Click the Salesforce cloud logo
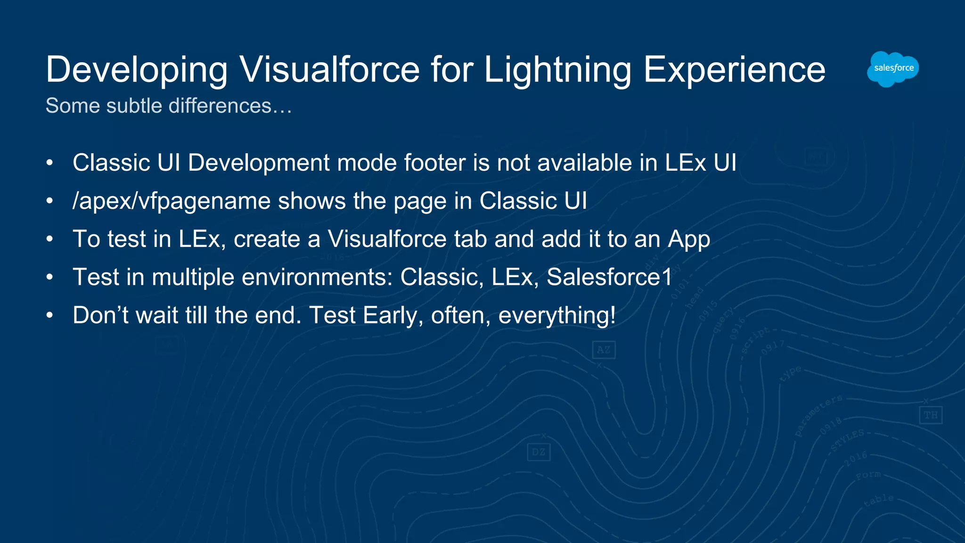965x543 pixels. (892, 69)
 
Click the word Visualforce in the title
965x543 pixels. (329, 70)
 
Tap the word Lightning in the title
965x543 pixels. (557, 70)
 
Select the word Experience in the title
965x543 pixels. (734, 70)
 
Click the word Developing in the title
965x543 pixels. (137, 70)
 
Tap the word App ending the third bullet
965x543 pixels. (689, 239)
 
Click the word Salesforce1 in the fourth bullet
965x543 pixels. (609, 277)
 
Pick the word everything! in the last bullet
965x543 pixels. (557, 315)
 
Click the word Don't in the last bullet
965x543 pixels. (100, 315)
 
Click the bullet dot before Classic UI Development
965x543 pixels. (49, 163)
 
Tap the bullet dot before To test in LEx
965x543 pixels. (49, 239)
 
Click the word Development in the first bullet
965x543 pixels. (259, 163)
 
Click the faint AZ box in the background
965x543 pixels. (604, 350)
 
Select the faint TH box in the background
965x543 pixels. (930, 415)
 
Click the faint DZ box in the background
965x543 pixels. (538, 452)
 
